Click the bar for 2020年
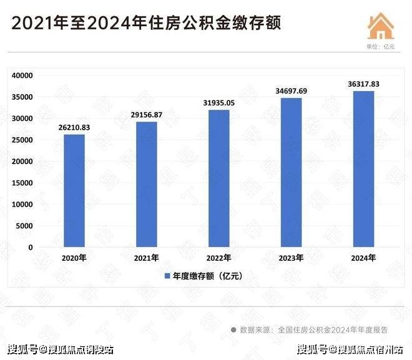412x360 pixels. (74, 190)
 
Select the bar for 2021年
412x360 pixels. (147, 184)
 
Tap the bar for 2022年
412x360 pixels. (218, 178)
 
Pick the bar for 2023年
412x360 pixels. (292, 172)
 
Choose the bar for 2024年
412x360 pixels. (363, 169)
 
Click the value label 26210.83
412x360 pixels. (74, 128)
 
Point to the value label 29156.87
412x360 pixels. (147, 115)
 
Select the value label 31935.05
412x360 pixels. (218, 103)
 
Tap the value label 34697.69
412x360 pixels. (292, 91)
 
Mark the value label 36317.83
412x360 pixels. (363, 84)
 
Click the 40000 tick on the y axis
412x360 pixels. (22, 75)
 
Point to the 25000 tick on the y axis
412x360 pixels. (22, 140)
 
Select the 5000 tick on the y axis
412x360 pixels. (24, 226)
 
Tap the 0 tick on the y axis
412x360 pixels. (30, 247)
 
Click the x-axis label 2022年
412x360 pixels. (218, 258)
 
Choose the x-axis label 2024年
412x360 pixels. (363, 258)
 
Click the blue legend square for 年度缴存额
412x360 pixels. (167, 276)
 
